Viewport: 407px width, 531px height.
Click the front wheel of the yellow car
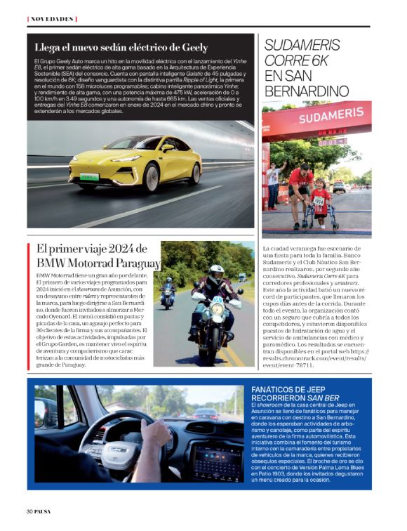point(150,177)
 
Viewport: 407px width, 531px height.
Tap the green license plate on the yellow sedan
point(89,176)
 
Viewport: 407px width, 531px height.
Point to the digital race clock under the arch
point(331,140)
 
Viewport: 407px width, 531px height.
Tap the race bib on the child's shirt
point(319,200)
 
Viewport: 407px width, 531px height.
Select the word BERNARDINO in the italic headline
point(307,91)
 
